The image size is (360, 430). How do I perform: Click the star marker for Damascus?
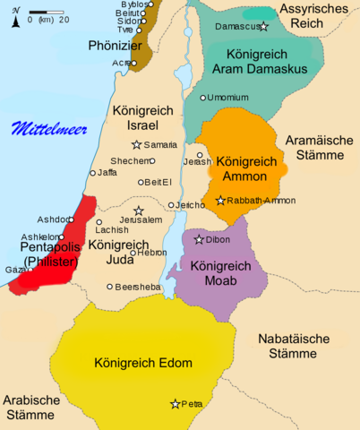point(263,27)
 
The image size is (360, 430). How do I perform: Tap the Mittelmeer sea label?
point(49,129)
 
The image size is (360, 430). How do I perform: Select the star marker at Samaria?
point(136,144)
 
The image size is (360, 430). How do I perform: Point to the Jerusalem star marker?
point(139,211)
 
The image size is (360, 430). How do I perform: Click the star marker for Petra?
point(175,404)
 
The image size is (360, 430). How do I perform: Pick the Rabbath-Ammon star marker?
point(220,201)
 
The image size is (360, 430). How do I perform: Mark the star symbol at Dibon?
point(199,239)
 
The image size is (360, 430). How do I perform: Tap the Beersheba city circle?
point(110,287)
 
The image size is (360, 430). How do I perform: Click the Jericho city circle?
point(171,205)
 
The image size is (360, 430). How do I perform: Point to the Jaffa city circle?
point(92,173)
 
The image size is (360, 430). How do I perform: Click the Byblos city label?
point(133,4)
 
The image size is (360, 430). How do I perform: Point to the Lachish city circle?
point(99,222)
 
